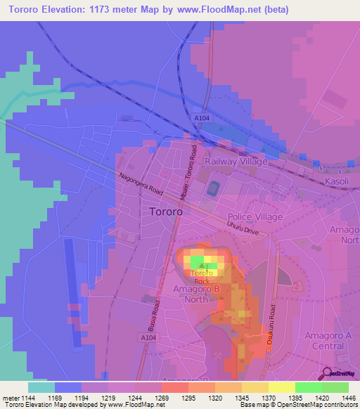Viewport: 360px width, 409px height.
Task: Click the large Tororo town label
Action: pos(167,211)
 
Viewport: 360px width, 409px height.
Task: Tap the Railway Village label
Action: pos(236,162)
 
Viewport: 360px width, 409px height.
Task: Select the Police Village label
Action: pos(255,217)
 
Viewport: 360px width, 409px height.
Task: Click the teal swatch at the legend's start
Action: pos(41,387)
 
